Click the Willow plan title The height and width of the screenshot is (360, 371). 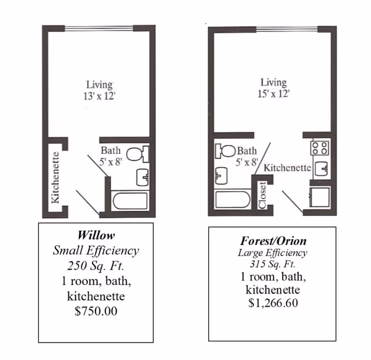pyautogui.click(x=96, y=235)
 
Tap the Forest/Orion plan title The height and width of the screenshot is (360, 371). pyautogui.click(x=273, y=241)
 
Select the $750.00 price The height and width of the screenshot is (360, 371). pyautogui.click(x=96, y=311)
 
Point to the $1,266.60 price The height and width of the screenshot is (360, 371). pyautogui.click(x=273, y=303)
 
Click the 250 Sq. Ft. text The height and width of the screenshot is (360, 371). pyautogui.click(x=96, y=265)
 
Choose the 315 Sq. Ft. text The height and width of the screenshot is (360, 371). pyautogui.click(x=273, y=264)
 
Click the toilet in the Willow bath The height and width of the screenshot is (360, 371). pyautogui.click(x=137, y=154)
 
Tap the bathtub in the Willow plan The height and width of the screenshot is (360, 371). pyautogui.click(x=130, y=201)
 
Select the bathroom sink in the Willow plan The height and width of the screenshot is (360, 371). pyautogui.click(x=142, y=177)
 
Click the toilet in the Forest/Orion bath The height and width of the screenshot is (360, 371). pyautogui.click(x=225, y=151)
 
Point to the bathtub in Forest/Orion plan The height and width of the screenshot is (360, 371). pyautogui.click(x=232, y=199)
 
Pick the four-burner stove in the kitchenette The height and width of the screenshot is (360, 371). pyautogui.click(x=320, y=148)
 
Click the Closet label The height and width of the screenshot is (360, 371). pyautogui.click(x=262, y=195)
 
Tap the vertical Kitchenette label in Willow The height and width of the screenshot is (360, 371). pyautogui.click(x=55, y=178)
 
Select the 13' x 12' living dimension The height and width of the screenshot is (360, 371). pyautogui.click(x=99, y=96)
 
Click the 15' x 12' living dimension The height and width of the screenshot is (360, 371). pyautogui.click(x=274, y=94)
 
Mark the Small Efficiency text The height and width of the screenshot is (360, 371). pyautogui.click(x=96, y=251)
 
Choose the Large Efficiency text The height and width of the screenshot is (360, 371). pyautogui.click(x=273, y=253)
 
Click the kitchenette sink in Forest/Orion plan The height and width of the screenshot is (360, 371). pyautogui.click(x=321, y=168)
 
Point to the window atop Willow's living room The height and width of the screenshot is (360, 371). pyautogui.click(x=99, y=28)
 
